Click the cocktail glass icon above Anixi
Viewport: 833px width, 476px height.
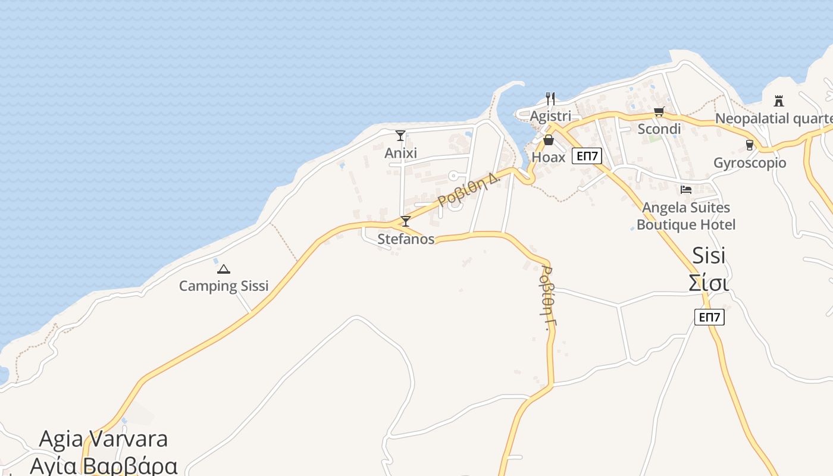coord(400,136)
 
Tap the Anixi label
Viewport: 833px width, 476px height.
coord(400,153)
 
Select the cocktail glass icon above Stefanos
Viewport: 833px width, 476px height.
coord(405,221)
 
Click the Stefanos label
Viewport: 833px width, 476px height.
coord(406,239)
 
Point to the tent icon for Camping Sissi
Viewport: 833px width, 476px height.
coord(223,269)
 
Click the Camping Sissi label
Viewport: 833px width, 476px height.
coord(224,286)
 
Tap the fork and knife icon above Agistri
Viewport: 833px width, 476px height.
coord(550,98)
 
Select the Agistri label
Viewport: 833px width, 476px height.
coord(550,116)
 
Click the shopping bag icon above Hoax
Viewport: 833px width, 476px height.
coord(548,140)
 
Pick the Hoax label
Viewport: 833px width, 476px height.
coord(548,157)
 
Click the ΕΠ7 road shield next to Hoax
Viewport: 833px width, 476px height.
coord(587,156)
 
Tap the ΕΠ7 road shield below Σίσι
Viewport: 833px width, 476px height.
coord(709,317)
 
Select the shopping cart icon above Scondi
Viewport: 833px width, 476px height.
coord(659,111)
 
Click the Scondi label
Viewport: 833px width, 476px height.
coord(659,129)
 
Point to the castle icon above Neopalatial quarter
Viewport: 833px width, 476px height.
coord(779,101)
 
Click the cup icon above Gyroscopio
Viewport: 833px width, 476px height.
coord(749,145)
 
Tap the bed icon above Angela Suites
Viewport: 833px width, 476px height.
coord(686,190)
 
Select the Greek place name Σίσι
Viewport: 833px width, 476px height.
coord(709,283)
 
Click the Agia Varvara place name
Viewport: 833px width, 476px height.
coord(103,439)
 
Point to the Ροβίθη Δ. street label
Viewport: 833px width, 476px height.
coord(468,188)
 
